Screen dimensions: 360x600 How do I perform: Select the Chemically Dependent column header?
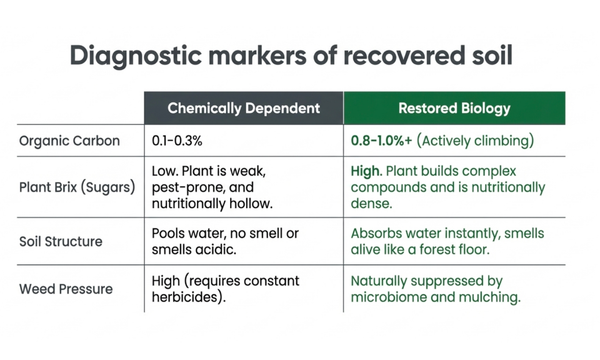pos(243,108)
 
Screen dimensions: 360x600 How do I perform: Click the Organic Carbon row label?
pos(69,141)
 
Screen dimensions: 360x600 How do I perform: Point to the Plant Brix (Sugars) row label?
pos(77,187)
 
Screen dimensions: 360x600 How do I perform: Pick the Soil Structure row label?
pos(67,241)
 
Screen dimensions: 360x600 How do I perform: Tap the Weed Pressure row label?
pos(68,289)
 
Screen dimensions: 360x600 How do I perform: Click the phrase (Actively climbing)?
pos(475,141)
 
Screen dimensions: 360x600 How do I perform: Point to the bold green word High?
pos(367,171)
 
